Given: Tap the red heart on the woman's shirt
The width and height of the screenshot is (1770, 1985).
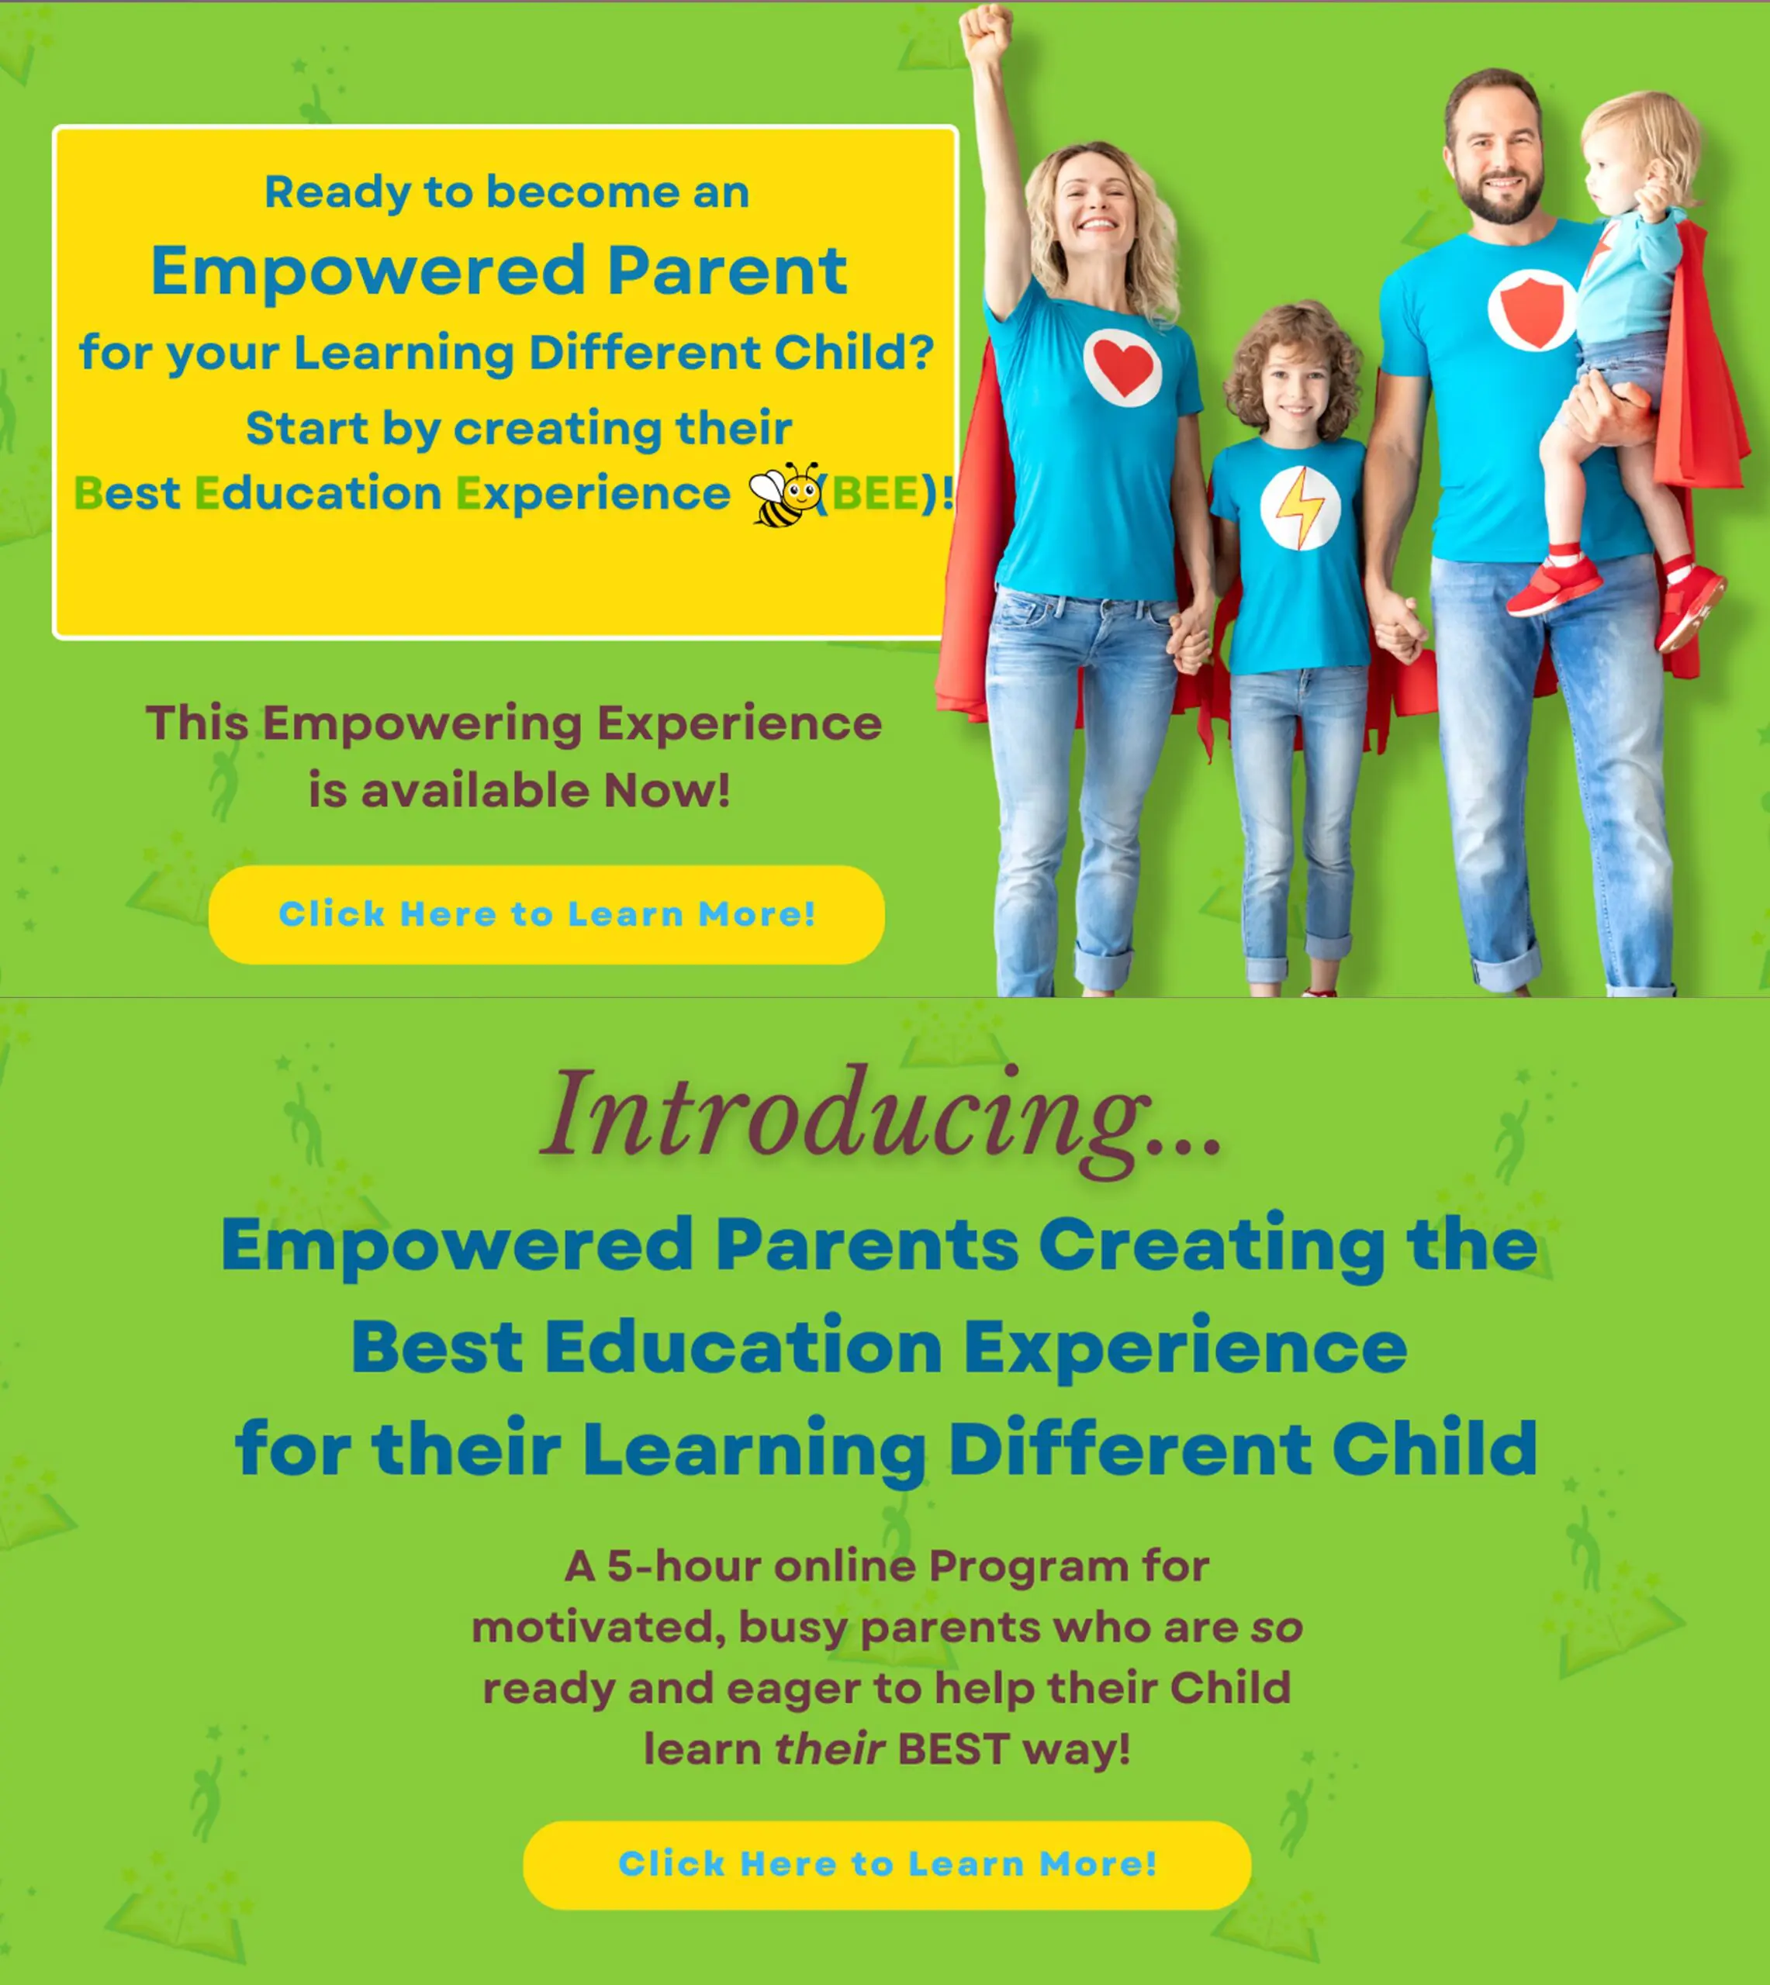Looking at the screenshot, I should click(x=1122, y=368).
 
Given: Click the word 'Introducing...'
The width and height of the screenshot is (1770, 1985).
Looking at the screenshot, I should click(x=881, y=1114).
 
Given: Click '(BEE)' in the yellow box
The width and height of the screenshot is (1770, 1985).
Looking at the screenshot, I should click(x=880, y=494).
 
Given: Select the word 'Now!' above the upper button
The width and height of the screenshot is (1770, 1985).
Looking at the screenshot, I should click(x=666, y=790).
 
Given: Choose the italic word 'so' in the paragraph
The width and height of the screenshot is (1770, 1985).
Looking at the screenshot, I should click(x=1276, y=1628).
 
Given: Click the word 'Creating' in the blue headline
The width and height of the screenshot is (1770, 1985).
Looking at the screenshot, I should click(x=1211, y=1245).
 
